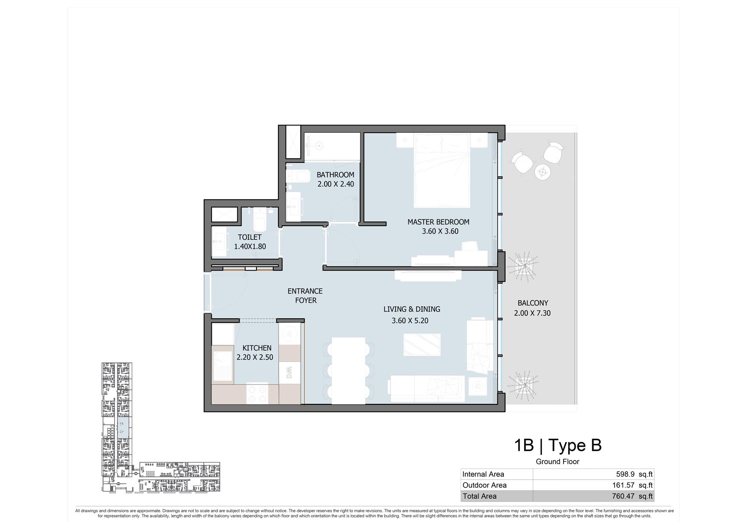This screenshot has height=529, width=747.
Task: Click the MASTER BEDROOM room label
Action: tap(438, 222)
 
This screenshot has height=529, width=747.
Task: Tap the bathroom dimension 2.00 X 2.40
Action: tap(336, 184)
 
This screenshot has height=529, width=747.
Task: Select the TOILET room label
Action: tap(249, 237)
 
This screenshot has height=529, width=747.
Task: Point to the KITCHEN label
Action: tap(257, 348)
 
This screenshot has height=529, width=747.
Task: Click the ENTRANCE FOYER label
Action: tap(305, 295)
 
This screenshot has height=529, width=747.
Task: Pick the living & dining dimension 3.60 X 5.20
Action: tap(410, 320)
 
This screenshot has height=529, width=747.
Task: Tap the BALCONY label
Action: tap(533, 303)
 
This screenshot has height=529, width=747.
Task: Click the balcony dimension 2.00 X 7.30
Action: tap(532, 313)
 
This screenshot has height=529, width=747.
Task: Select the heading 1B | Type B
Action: tap(558, 445)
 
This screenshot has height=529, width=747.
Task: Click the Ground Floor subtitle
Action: tap(557, 462)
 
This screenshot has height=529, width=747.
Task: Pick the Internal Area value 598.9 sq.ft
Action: tap(634, 474)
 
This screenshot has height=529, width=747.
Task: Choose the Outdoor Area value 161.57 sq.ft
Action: tap(632, 485)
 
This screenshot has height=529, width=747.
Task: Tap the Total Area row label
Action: tap(479, 496)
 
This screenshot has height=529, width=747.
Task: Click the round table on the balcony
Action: tap(542, 172)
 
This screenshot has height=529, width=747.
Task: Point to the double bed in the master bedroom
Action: tap(442, 170)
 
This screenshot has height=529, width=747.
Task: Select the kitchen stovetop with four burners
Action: tap(257, 394)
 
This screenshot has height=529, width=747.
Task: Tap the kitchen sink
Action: tap(223, 365)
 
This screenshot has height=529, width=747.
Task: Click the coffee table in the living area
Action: tap(422, 344)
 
